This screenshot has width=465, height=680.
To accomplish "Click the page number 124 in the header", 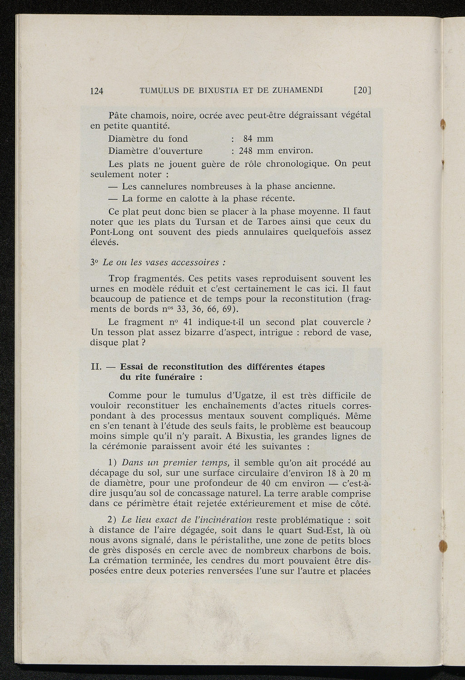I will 97,91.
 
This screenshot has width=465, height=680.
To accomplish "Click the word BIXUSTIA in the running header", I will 216,90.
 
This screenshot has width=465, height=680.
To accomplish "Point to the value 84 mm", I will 258,138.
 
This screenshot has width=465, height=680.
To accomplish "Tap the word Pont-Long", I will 112,232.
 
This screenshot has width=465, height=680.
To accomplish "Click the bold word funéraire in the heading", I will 173,377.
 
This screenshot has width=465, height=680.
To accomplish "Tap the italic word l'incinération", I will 222,520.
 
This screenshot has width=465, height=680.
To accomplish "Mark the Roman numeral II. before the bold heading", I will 97,367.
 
